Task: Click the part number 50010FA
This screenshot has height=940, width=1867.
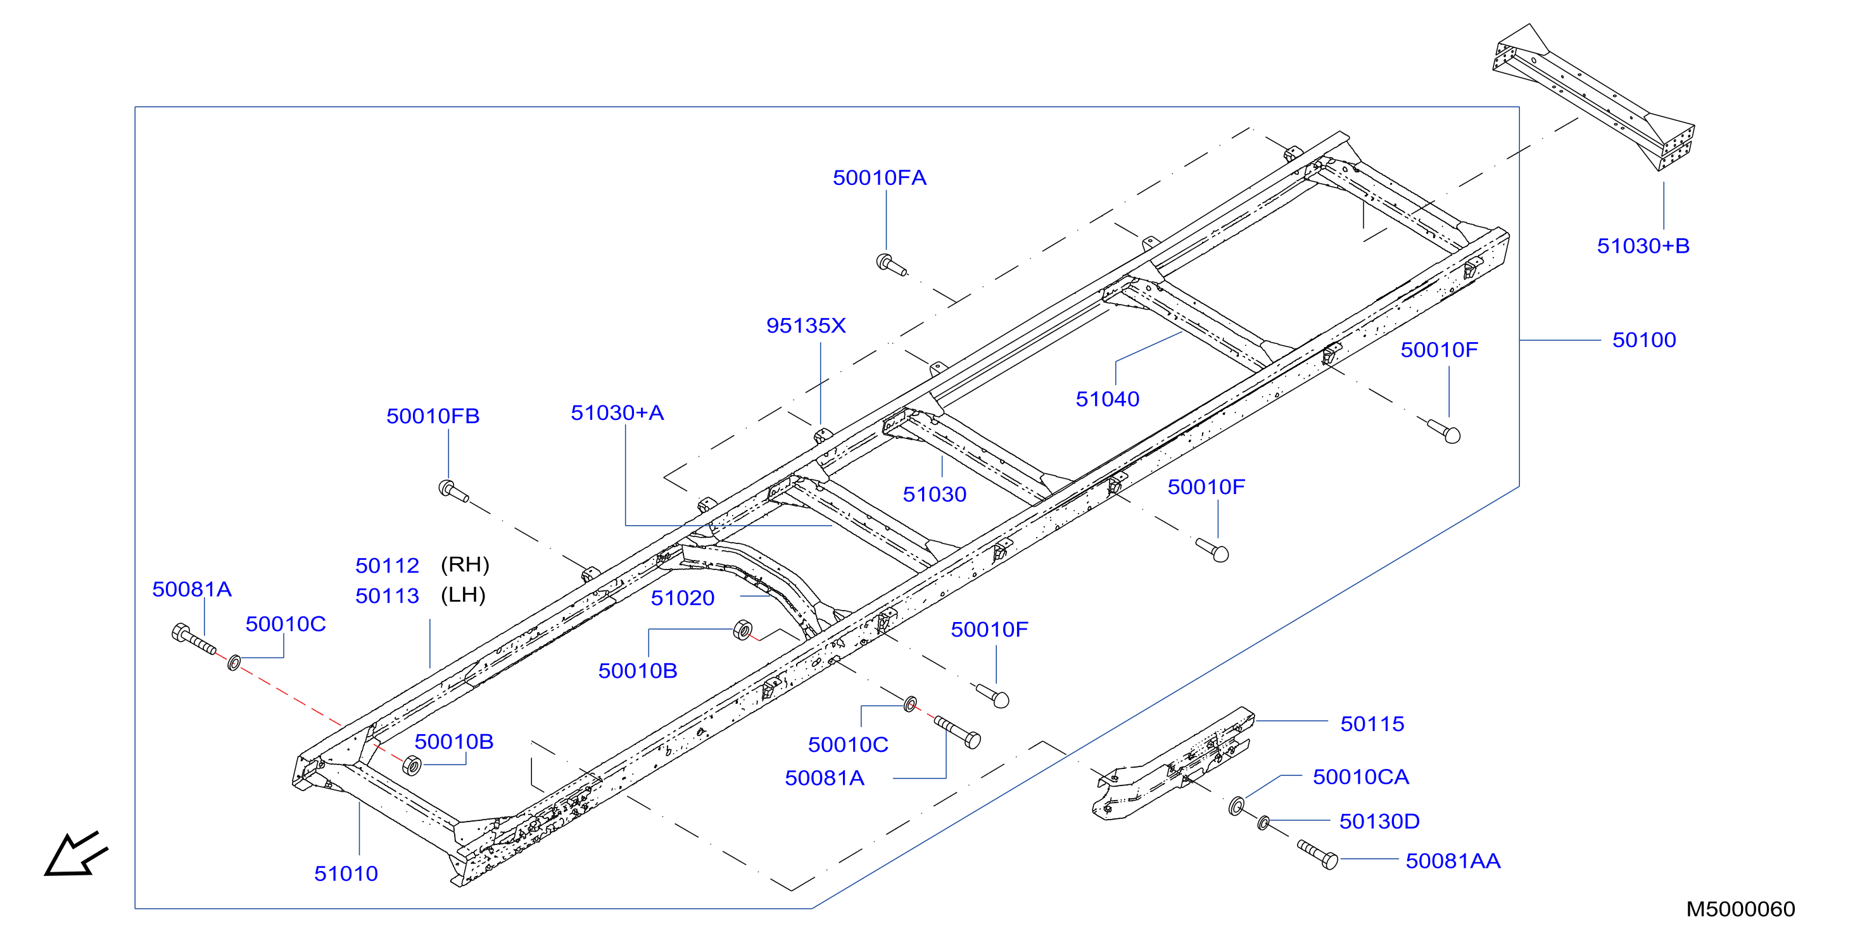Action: (x=879, y=177)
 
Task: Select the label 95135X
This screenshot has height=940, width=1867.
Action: (x=806, y=326)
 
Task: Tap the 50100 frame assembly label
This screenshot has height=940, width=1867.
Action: (x=1644, y=340)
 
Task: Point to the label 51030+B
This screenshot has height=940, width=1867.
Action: (x=1643, y=246)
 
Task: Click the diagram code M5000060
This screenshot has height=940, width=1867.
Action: (x=1740, y=909)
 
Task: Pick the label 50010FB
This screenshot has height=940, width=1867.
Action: (x=433, y=416)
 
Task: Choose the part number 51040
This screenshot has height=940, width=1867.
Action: (x=1108, y=398)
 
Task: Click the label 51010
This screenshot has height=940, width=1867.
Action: (x=346, y=873)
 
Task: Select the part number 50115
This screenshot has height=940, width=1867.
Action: (x=1372, y=723)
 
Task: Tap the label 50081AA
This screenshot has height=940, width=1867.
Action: (x=1452, y=861)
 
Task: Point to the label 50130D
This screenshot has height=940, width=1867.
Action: (x=1379, y=821)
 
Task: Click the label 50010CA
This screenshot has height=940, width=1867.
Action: (x=1360, y=777)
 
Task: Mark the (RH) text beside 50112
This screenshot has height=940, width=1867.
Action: (x=465, y=564)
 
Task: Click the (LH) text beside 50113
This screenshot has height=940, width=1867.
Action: (x=463, y=595)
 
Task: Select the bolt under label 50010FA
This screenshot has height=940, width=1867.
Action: (x=890, y=265)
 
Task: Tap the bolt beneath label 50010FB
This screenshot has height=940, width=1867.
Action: (x=453, y=492)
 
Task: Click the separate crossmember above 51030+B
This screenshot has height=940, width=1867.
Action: (x=1593, y=98)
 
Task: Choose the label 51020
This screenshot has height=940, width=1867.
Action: (x=682, y=598)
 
